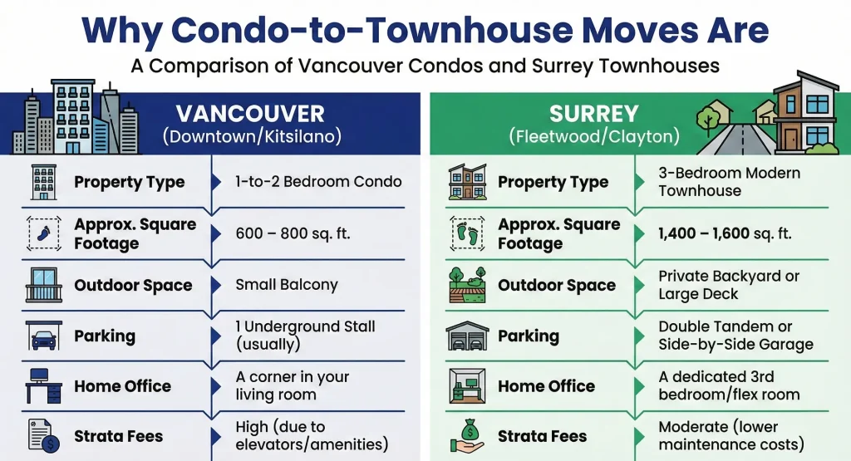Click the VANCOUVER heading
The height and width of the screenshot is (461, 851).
click(250, 114)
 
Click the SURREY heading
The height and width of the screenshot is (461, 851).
click(594, 114)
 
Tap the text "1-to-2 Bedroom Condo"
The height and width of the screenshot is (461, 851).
click(318, 182)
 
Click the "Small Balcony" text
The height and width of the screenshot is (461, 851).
click(287, 285)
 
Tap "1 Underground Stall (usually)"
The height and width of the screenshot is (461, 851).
click(305, 336)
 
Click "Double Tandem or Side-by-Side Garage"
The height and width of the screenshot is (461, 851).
click(735, 336)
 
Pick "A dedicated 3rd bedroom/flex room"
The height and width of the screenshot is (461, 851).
click(729, 386)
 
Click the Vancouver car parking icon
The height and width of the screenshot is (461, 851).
click(43, 336)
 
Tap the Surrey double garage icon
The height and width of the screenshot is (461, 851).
click(467, 336)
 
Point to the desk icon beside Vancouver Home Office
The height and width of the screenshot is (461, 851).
click(43, 386)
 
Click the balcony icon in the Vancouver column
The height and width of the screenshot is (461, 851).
click(43, 285)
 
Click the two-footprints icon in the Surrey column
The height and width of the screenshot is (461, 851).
click(467, 233)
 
